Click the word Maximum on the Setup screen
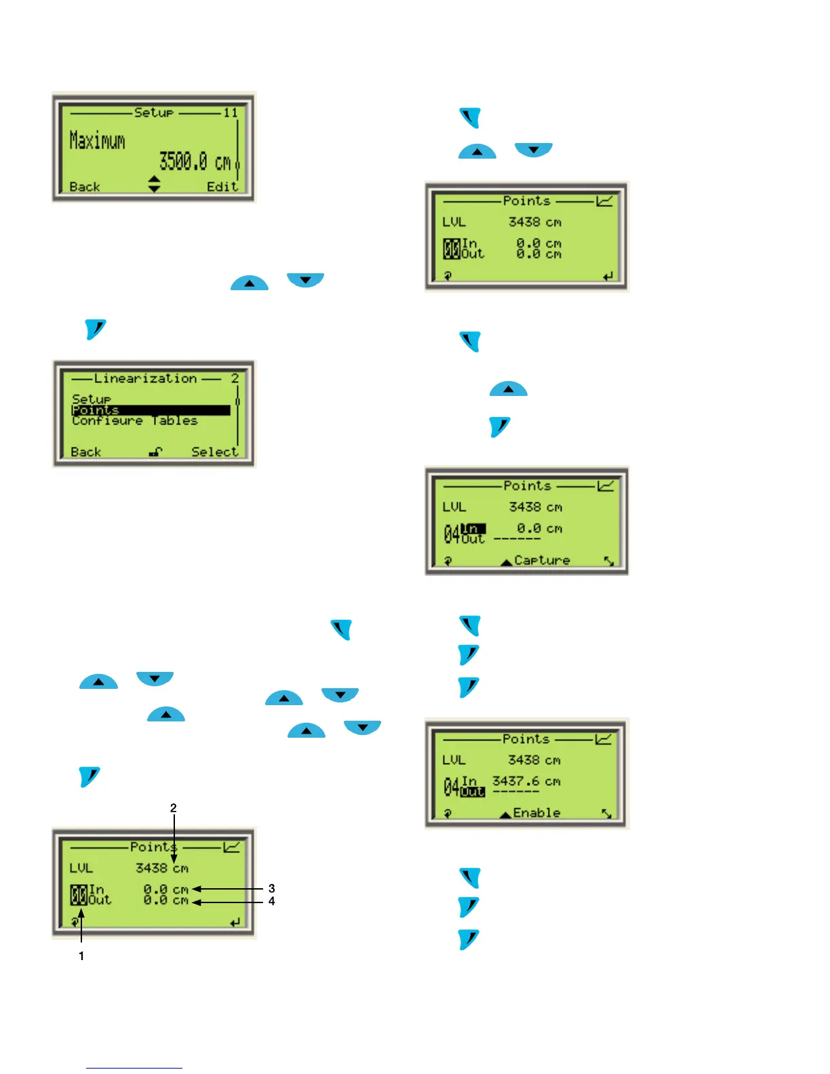(97, 141)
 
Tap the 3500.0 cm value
(195, 162)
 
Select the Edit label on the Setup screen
(222, 186)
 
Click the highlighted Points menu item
(96, 410)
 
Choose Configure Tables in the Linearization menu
(134, 421)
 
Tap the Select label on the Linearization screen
(214, 452)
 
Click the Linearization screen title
(145, 378)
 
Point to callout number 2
(174, 808)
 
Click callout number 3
(272, 888)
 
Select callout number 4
(272, 901)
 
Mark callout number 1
(81, 956)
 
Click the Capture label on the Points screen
(542, 560)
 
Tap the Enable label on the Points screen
(536, 812)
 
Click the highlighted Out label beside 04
(473, 792)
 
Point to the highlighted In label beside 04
(473, 529)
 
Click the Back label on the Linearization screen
(85, 452)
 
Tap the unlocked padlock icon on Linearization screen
(155, 452)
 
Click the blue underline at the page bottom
(134, 1068)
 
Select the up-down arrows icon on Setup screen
(155, 184)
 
